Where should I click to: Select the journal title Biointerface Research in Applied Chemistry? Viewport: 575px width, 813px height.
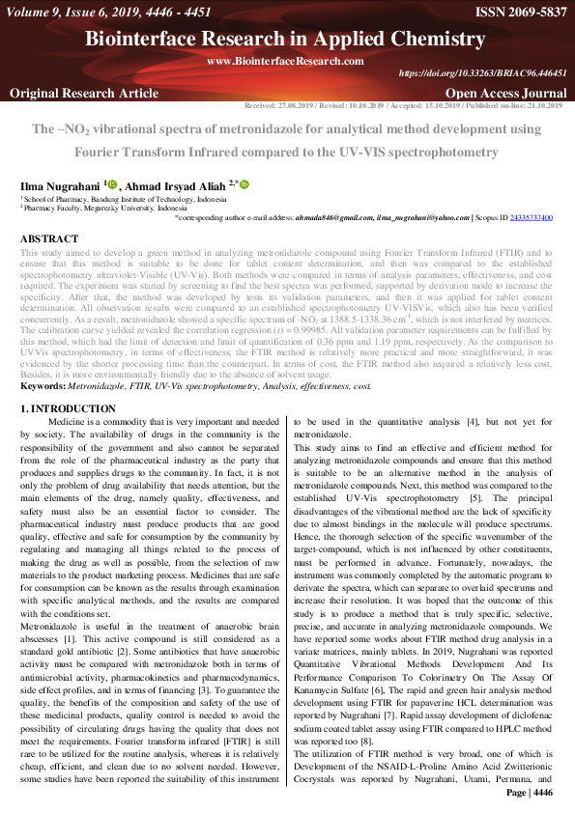[x=287, y=39]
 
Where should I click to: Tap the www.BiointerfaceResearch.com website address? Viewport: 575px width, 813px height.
[x=285, y=61]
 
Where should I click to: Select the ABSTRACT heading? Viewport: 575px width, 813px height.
[x=50, y=238]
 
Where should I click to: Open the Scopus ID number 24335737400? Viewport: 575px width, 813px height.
[x=532, y=218]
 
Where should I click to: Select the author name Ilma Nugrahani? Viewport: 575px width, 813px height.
[x=59, y=184]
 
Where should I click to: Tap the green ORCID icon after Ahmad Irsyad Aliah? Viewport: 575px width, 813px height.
[x=244, y=183]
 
